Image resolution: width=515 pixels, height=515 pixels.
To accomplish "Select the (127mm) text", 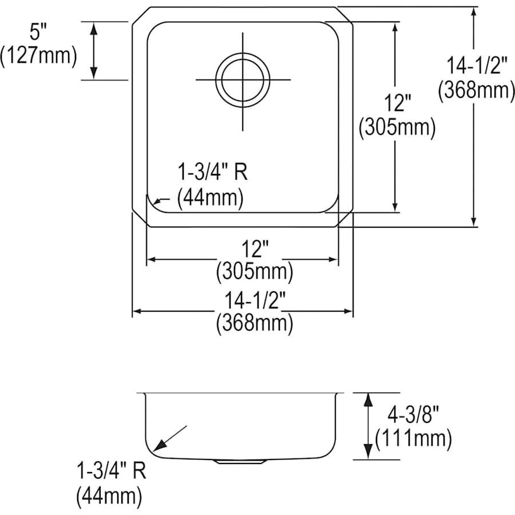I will point(38,56).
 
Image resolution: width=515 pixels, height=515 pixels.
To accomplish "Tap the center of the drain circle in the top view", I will point(243,78).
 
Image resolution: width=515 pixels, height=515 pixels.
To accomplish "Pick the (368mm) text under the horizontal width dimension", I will point(254,324).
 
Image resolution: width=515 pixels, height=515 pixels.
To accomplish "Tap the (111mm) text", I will point(413,439).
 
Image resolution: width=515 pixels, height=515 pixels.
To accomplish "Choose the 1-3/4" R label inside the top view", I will point(214,173).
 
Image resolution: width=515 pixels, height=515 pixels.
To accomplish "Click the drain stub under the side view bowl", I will point(239,460).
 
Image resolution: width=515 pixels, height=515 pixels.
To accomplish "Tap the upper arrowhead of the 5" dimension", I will point(94,26).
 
